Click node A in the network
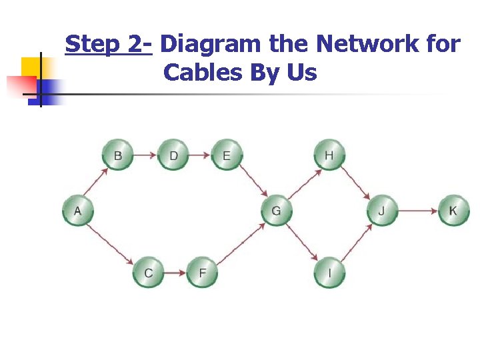pos(78,211)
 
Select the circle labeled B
pos(118,155)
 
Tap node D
pos(173,155)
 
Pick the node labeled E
pos(227,155)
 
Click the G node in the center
pos(276,211)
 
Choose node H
pos(329,155)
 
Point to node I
pos(329,272)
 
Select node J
pos(382,211)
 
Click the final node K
pos(453,211)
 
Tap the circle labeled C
pos(148,272)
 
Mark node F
pos(202,272)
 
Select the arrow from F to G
pos(241,242)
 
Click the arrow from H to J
pos(356,183)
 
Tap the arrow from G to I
pos(303,242)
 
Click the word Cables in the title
pos(203,72)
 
